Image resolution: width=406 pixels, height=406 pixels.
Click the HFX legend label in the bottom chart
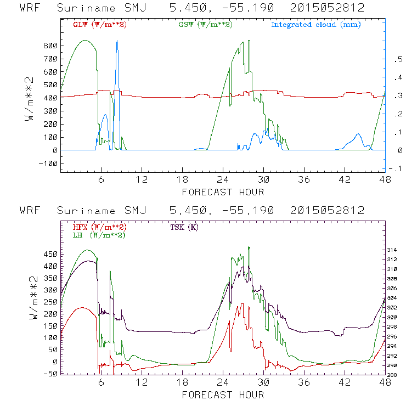click(100, 227)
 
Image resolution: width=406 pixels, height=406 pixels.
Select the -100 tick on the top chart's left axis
click(49, 163)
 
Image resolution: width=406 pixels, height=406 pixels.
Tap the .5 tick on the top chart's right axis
click(398, 61)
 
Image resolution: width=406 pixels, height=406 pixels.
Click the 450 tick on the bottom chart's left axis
click(51, 254)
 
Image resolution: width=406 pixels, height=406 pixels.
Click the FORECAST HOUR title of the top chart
click(223, 192)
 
